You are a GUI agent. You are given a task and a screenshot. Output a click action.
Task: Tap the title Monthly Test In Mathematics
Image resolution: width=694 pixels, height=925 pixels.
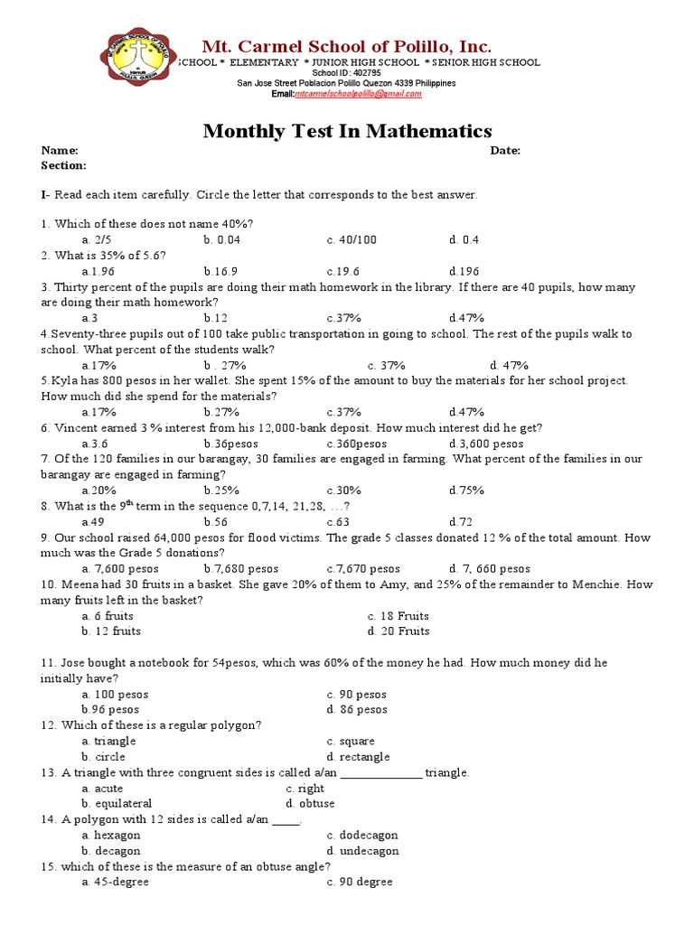click(347, 132)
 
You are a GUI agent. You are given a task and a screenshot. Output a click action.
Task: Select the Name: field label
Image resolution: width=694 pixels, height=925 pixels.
click(60, 151)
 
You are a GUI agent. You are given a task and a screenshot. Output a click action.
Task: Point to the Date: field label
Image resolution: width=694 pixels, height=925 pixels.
click(505, 151)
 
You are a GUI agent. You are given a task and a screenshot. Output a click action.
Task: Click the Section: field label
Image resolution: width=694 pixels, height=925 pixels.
click(63, 166)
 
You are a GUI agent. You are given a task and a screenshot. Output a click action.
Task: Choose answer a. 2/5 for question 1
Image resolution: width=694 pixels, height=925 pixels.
click(96, 239)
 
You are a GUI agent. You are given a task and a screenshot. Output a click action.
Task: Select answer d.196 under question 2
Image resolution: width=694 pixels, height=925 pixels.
click(464, 271)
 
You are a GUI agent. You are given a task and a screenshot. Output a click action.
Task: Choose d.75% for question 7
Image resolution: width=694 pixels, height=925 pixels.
click(466, 491)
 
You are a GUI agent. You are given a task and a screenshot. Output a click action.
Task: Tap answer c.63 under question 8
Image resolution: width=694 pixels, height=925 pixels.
click(342, 522)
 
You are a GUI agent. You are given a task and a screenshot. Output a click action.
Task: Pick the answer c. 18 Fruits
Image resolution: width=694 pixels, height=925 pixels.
click(399, 616)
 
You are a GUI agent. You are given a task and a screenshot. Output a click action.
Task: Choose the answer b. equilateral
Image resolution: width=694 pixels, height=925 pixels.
click(117, 804)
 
